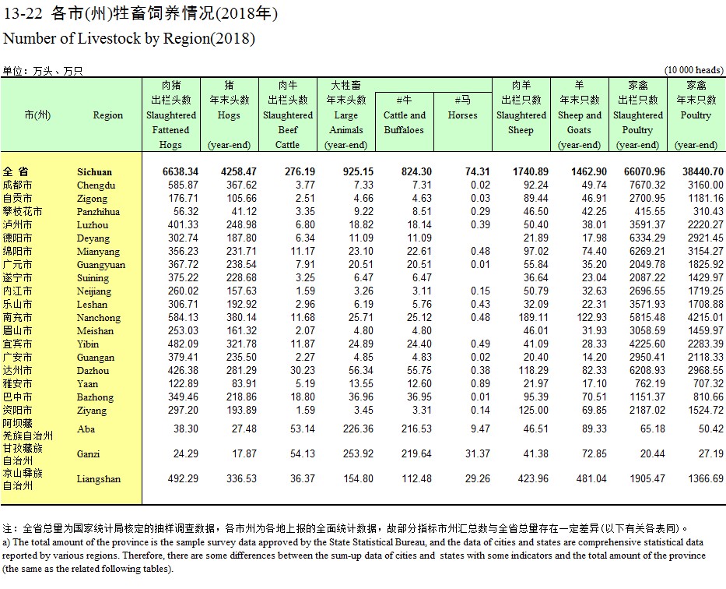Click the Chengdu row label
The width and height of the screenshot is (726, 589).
(96, 185)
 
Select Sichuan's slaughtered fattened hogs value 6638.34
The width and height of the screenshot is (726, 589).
(180, 172)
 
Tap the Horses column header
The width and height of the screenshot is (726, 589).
(462, 115)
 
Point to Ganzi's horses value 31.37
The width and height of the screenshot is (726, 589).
(477, 453)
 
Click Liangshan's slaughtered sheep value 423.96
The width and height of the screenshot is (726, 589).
(533, 478)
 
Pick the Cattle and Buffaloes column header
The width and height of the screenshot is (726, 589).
(404, 122)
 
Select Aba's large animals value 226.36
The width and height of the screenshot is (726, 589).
(358, 429)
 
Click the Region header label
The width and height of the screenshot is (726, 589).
(108, 115)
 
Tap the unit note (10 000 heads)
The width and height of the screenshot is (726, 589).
(693, 70)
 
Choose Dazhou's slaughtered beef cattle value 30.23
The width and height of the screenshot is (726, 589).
(303, 370)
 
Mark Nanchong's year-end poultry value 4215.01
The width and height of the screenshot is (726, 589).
(705, 317)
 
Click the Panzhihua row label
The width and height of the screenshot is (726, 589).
(98, 212)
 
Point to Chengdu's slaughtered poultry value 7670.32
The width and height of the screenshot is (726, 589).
(647, 185)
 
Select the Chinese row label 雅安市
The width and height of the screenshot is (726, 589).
(18, 384)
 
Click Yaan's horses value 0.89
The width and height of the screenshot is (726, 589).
(480, 384)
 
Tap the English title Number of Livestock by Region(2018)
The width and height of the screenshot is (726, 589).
(129, 38)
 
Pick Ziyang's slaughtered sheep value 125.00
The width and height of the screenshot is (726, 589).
(533, 410)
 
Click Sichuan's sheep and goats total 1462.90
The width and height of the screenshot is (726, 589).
(588, 172)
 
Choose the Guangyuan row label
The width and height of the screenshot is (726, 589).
(101, 265)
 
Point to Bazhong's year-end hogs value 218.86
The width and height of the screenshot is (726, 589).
(241, 397)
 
